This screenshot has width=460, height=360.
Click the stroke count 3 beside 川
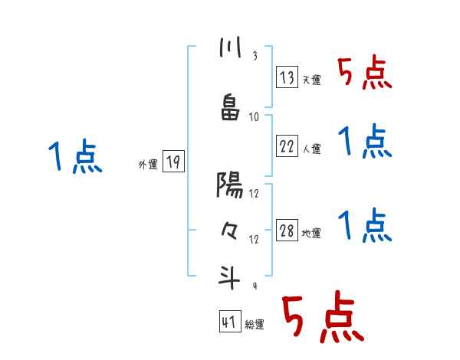pos(254,57)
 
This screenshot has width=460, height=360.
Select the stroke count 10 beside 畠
pos(254,116)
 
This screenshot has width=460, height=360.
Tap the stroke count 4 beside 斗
pos(254,286)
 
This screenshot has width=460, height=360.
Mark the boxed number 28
pos(287,231)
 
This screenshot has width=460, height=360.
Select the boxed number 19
pos(173,162)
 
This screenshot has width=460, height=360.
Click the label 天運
pos(311,80)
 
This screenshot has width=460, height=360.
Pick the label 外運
pos(147,164)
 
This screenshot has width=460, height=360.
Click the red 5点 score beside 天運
pos(365,74)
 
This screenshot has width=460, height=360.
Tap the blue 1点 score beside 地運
pos(365,225)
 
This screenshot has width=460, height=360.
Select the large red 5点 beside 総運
pos(323,317)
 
